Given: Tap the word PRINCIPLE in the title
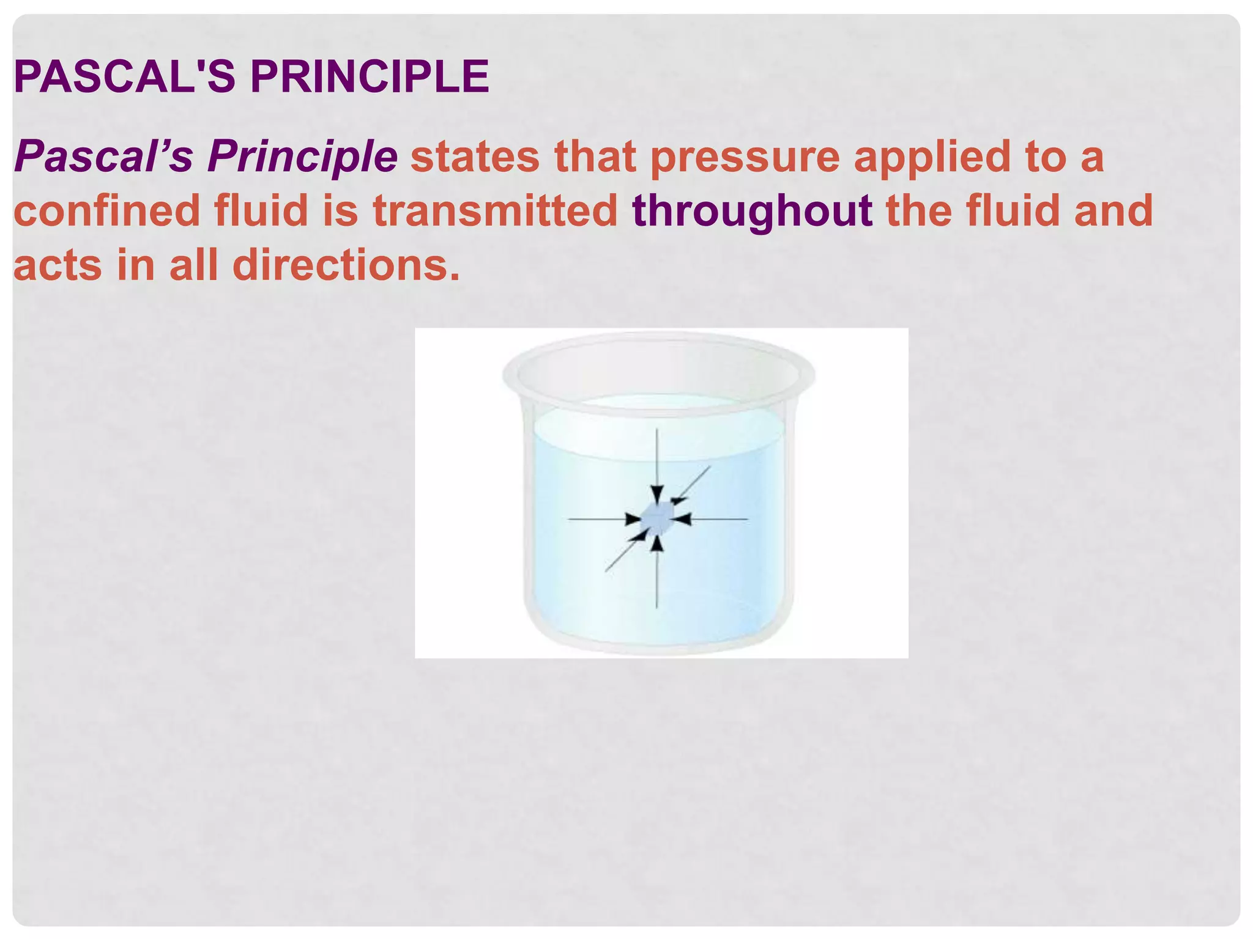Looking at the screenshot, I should coord(370,77).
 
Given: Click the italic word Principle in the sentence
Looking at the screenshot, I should coord(302,156).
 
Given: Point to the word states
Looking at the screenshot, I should coord(475,156).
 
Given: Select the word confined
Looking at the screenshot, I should coord(107,211).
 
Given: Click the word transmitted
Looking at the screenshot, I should coord(496,211).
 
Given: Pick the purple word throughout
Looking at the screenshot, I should coord(752,211).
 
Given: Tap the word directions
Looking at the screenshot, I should coord(346,265).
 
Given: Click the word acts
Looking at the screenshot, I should coord(58,267).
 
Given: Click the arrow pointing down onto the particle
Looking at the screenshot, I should coord(656,465).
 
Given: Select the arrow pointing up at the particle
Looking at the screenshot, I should coord(656,575).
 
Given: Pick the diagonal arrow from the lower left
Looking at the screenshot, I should coord(624,553).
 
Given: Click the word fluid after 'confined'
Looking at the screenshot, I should coord(261,211).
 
